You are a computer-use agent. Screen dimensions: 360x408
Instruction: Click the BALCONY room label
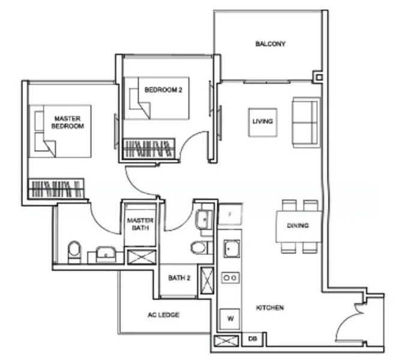270,44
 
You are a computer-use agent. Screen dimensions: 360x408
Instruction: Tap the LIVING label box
262,121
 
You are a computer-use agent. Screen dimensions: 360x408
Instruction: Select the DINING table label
298,226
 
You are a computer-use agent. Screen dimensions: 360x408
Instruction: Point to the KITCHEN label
269,308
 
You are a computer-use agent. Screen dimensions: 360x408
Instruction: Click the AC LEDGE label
163,314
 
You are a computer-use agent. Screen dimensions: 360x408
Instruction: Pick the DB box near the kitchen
253,340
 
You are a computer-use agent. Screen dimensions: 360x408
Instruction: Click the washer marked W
230,319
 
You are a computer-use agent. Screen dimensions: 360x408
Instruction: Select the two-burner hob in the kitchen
230,277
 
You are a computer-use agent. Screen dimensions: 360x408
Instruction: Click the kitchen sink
230,248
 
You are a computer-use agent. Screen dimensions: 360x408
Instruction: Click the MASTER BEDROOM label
67,122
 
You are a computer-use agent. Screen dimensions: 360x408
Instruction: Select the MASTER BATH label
140,224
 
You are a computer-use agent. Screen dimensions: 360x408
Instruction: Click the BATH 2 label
179,278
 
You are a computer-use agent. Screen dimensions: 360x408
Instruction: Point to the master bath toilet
74,251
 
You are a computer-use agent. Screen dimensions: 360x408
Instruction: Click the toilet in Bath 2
199,247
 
